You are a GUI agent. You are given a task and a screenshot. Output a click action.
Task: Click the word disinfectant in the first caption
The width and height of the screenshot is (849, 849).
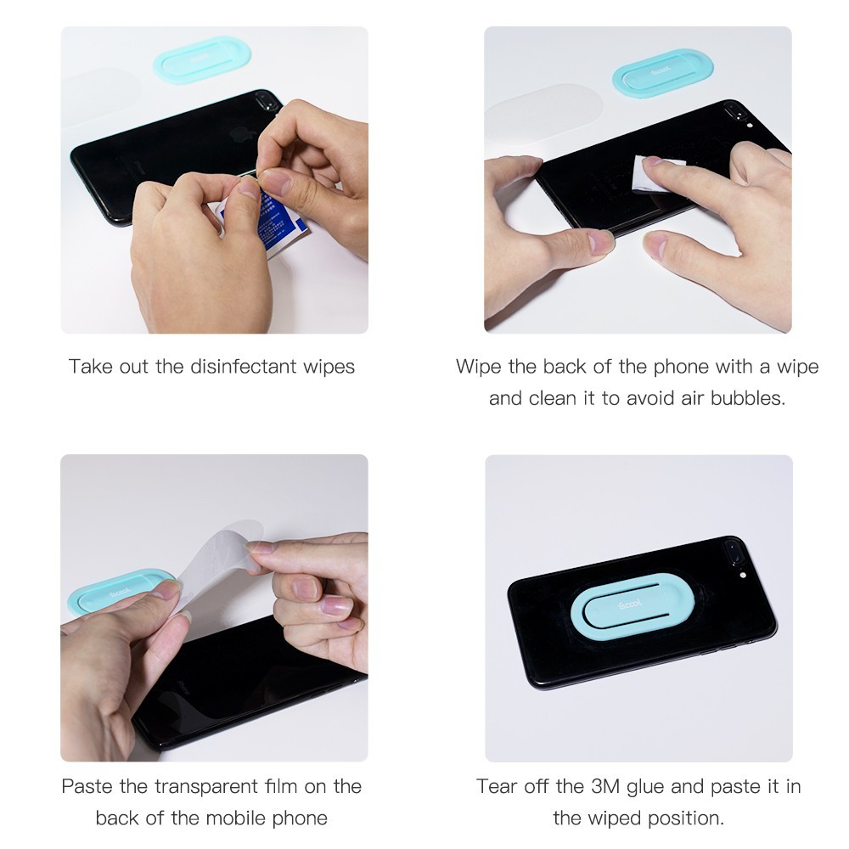pos(244,367)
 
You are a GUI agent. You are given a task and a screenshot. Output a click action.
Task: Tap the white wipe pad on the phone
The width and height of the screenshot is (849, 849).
pos(657,173)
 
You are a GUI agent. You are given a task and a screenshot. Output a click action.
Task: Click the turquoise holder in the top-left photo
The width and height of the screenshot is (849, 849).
pos(202,59)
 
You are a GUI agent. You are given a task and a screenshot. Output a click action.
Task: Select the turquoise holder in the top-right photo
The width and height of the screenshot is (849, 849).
pos(661,74)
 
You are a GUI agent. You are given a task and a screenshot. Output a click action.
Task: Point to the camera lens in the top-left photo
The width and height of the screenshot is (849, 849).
pos(265,101)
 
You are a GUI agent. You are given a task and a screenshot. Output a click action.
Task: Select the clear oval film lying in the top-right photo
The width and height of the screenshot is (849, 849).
pos(543,116)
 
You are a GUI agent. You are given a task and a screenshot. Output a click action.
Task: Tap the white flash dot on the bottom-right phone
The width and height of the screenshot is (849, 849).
pos(744,575)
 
